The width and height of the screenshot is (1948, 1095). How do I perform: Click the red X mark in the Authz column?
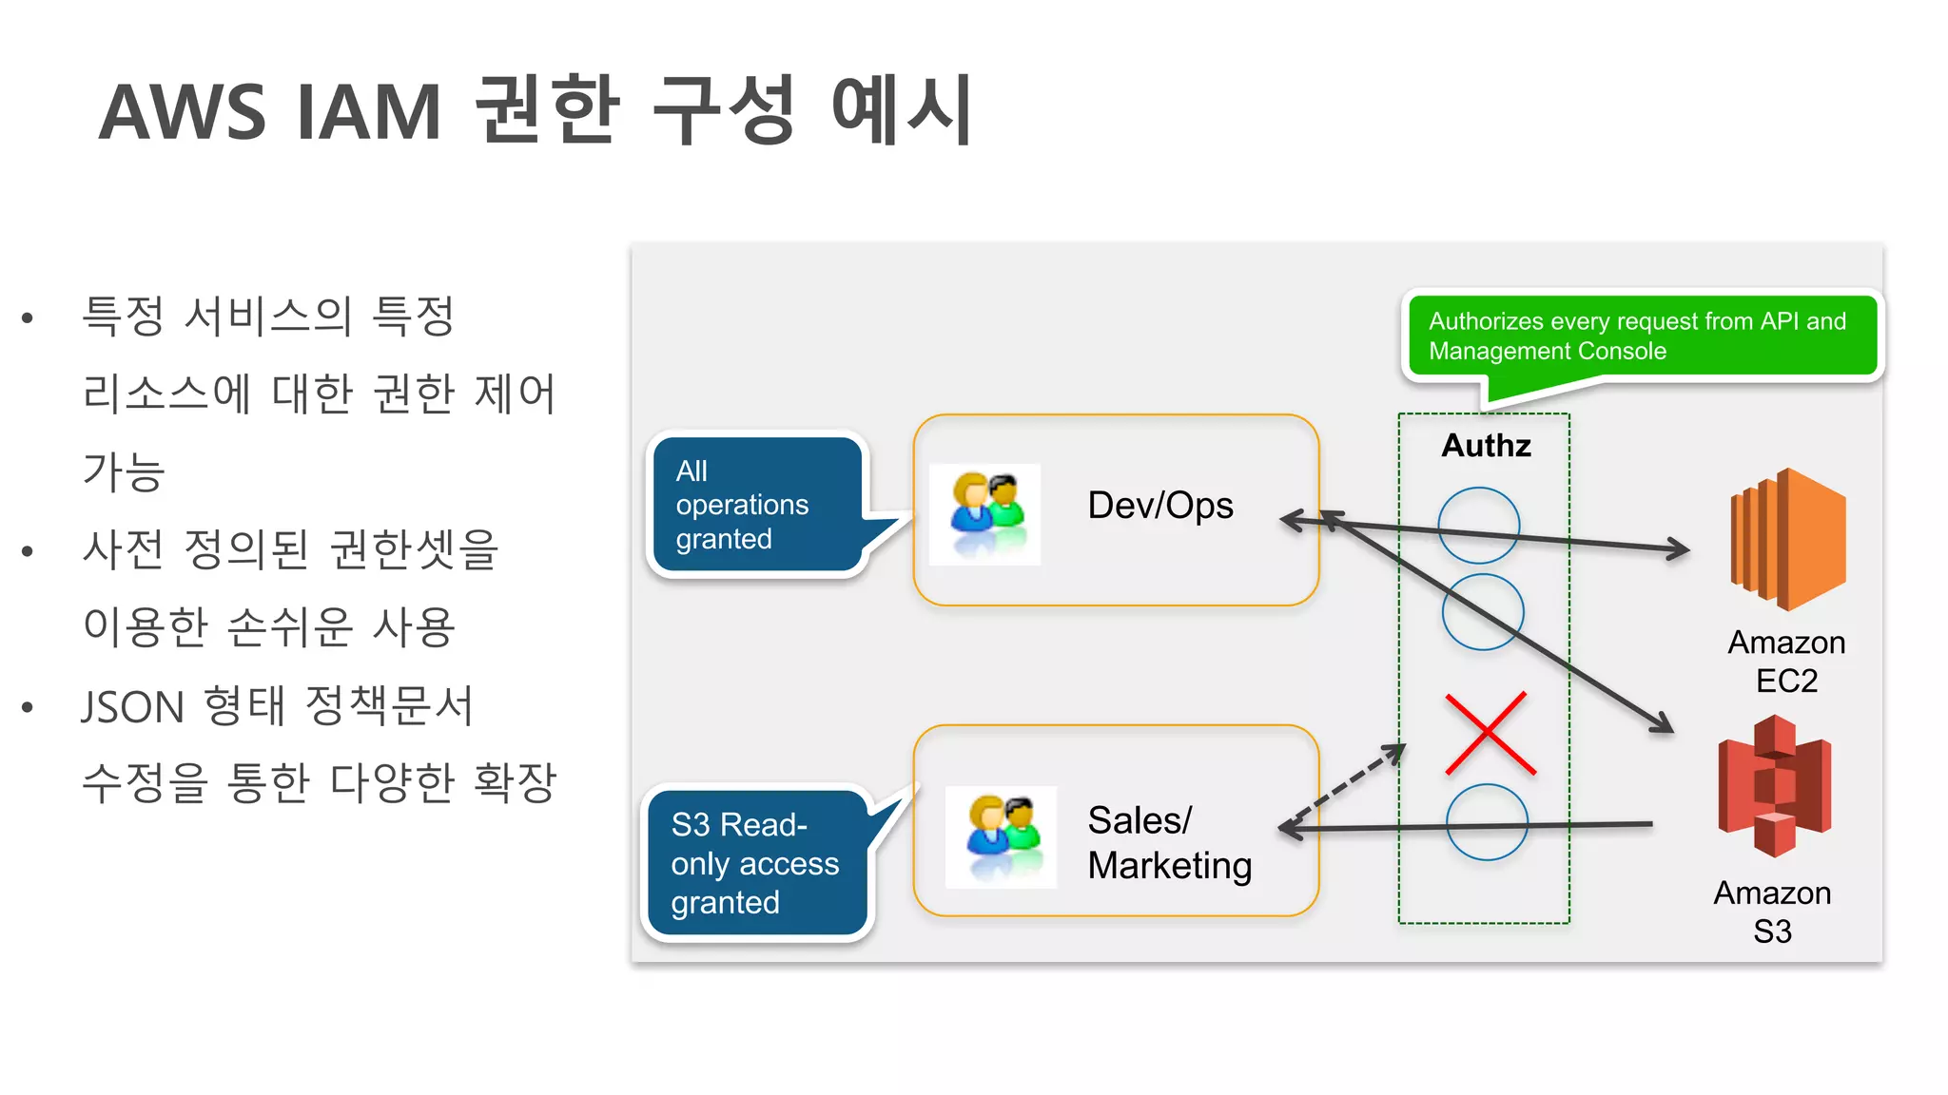tap(1490, 733)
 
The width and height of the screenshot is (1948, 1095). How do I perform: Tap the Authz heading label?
tap(1486, 445)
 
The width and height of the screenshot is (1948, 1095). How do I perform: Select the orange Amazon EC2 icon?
tap(1787, 539)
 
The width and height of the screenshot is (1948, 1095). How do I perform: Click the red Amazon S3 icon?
tap(1774, 786)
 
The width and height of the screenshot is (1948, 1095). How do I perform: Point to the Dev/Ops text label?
tap(1159, 505)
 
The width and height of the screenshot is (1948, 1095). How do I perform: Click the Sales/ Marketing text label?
tap(1169, 842)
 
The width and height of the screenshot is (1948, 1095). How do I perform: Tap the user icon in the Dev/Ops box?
tap(985, 514)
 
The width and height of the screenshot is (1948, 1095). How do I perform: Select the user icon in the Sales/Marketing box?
tap(1002, 836)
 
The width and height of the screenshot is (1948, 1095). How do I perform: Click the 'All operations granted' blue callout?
tap(755, 505)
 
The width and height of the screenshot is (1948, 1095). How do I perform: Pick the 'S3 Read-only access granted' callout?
tap(755, 862)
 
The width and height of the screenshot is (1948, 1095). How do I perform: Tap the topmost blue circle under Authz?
tap(1478, 526)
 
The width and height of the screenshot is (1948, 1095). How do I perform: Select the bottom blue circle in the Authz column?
tap(1486, 822)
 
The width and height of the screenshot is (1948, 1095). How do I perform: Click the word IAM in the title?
tap(369, 112)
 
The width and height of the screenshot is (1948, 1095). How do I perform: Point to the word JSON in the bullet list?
tap(132, 707)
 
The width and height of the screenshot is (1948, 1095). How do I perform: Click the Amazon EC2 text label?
tap(1786, 662)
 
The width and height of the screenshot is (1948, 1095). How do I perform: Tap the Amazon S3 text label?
tap(1772, 912)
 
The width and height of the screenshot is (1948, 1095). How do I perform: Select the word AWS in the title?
tap(182, 112)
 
